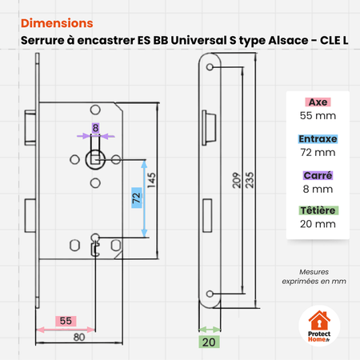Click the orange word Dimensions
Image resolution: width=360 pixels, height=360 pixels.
coord(57,23)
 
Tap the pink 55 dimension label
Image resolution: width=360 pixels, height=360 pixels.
coord(66,321)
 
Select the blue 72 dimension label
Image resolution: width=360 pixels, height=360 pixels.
coord(137,198)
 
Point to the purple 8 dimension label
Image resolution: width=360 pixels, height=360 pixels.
coord(95,128)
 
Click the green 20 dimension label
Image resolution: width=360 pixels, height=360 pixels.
coord(209,342)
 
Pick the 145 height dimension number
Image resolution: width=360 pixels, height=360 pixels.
coord(151,181)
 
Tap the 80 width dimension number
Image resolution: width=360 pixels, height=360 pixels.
coord(79,338)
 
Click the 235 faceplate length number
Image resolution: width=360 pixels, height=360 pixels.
coord(250,181)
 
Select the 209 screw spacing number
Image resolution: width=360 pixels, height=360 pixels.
coord(237,181)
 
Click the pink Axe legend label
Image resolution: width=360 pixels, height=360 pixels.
coord(318,102)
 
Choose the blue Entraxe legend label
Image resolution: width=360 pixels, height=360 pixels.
coord(318,139)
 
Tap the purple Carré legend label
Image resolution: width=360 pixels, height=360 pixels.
coord(318,175)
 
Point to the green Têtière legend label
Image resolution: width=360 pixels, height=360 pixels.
coord(318,210)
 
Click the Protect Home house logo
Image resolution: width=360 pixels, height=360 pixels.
coord(319,326)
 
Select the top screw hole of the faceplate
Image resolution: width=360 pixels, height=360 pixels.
coord(210,67)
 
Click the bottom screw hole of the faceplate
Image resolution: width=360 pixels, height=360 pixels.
coord(210,294)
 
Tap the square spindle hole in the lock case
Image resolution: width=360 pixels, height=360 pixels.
coord(94,160)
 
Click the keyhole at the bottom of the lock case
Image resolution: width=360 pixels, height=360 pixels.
coord(95,245)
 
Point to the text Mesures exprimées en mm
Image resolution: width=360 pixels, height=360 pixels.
coord(314,277)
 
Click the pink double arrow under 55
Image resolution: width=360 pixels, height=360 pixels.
coord(66,330)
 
